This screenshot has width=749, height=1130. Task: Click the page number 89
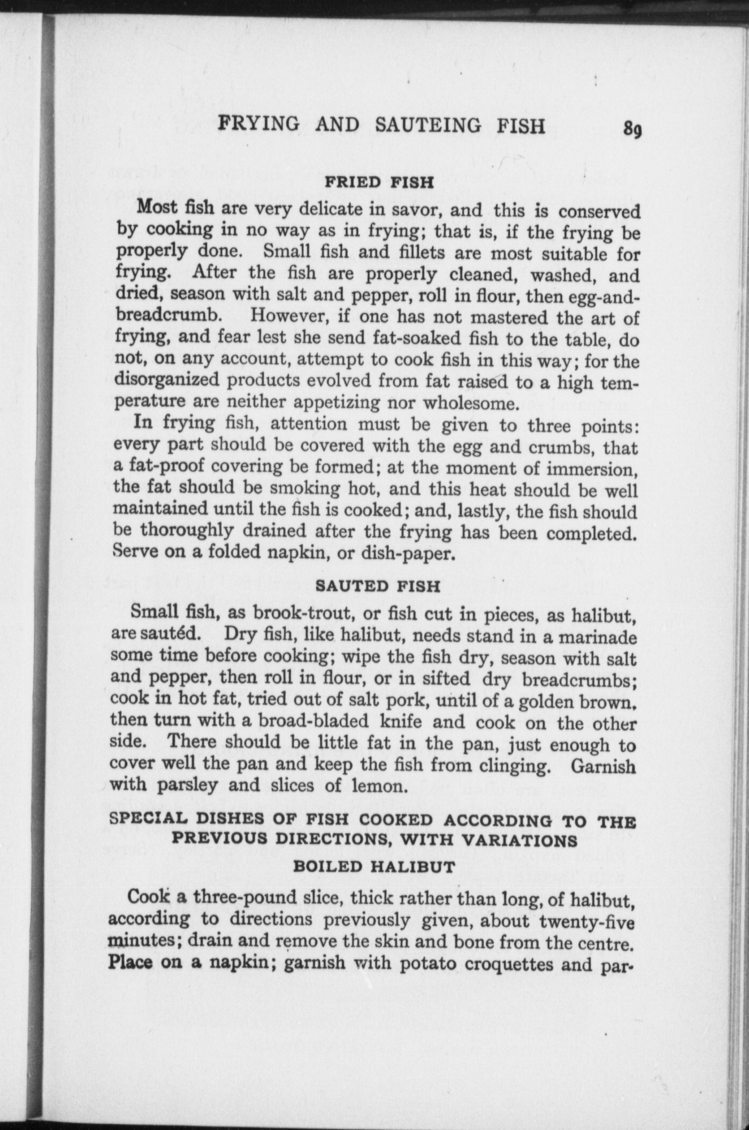[x=632, y=130]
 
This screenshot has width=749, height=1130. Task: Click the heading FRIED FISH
[x=379, y=182]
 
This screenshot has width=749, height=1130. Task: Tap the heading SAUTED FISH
[x=378, y=586]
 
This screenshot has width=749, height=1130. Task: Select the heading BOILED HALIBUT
[x=374, y=866]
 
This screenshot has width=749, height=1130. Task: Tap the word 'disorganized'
[x=166, y=379]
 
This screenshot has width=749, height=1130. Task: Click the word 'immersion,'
[x=592, y=469]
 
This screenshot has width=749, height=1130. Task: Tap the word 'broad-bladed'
[x=314, y=721]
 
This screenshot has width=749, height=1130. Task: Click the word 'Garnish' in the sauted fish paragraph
[x=603, y=766]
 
